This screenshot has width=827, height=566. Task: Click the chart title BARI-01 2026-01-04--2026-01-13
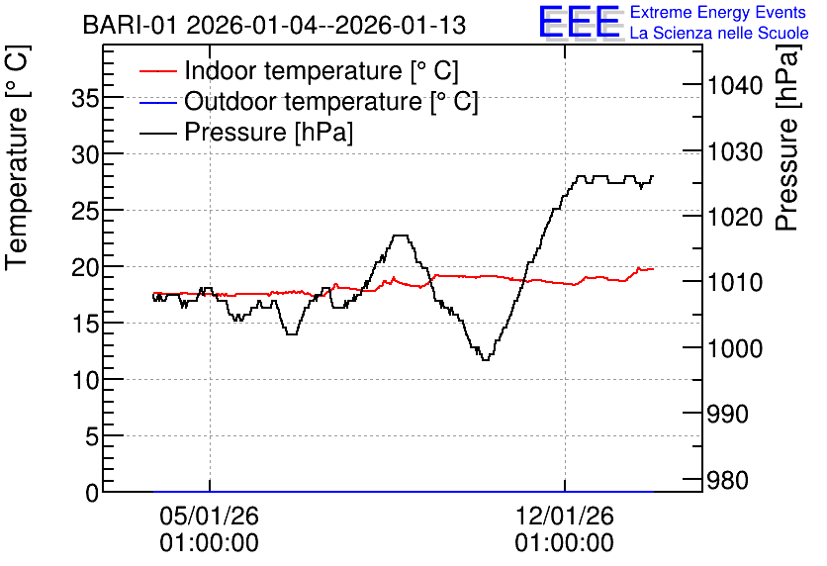pos(274,26)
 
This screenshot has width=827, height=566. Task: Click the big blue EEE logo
pos(580,22)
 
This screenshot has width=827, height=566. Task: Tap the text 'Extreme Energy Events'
pos(718,12)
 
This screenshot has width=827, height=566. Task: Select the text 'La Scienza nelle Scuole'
pos(719,33)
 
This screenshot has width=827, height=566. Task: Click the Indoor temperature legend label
pos(322,70)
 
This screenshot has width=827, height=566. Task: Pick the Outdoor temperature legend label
pos(330,101)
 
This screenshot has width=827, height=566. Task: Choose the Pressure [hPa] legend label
pos(268,132)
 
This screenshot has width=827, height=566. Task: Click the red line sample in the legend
pos(157,70)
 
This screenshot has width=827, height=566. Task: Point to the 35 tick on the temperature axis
pos(85,98)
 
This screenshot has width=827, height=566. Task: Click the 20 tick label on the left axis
pos(85,267)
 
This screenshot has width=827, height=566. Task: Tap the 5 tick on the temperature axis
pos(92,436)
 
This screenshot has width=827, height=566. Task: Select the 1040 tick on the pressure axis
pos(735,85)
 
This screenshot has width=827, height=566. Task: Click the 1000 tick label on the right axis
pos(735,348)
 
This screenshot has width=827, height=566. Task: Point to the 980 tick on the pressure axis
pos(728,480)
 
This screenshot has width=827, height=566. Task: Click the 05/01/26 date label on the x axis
pos(210,516)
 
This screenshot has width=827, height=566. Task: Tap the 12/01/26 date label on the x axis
pos(564,516)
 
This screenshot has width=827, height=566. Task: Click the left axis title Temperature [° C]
pos(17,158)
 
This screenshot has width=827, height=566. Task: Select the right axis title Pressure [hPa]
pos(787,138)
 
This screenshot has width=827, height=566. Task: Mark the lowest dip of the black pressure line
pos(486,360)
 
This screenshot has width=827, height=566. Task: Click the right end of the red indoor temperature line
pos(653,269)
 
